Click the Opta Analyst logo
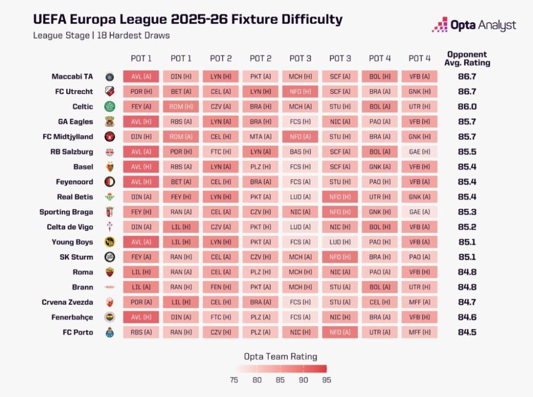[474, 25]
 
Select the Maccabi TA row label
[72, 76]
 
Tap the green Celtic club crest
[110, 107]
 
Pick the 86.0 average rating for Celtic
[467, 107]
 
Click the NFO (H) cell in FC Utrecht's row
[300, 92]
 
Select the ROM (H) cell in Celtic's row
[181, 107]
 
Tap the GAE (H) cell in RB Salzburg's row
[419, 152]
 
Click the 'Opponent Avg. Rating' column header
[467, 59]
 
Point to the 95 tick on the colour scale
[326, 380]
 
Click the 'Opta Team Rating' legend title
[280, 357]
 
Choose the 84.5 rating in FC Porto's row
[467, 333]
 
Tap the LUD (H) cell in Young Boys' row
[340, 242]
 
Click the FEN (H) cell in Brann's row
[221, 287]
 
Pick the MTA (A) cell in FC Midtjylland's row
[261, 136]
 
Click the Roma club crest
[110, 272]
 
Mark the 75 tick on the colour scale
[234, 380]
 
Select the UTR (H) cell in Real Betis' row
[379, 197]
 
